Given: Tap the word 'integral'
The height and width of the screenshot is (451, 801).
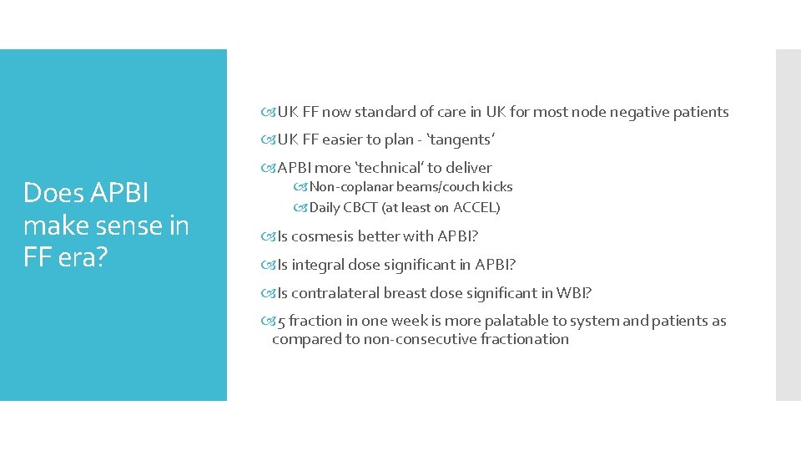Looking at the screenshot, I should point(315,266).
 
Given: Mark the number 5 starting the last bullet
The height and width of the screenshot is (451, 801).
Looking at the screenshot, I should point(281,322).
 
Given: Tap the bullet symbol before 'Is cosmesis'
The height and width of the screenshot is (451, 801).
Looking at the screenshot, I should point(270,237).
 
